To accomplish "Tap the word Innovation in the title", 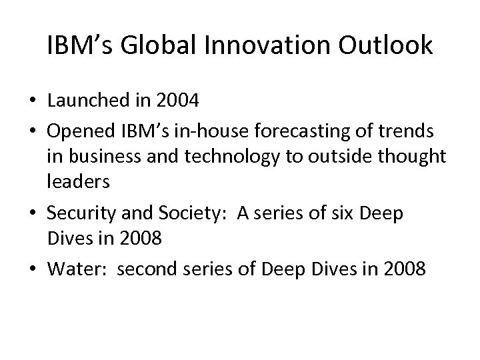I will pyautogui.click(x=267, y=45).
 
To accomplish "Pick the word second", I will pyautogui.click(x=131, y=270).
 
